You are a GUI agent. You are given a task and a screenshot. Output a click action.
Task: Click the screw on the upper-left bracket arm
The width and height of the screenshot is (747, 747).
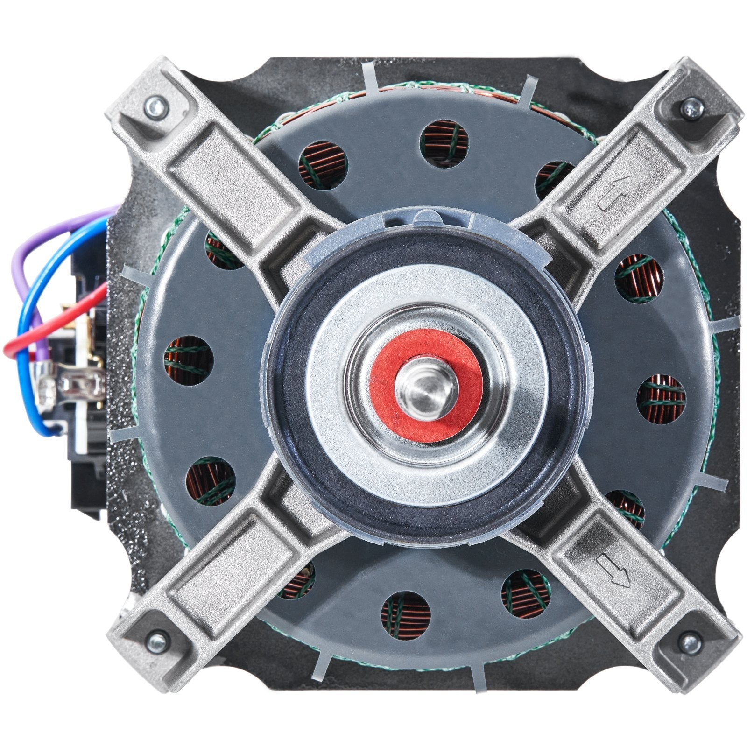(x=154, y=107)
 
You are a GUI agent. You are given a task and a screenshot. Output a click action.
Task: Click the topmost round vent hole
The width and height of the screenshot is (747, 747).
(x=444, y=142)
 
